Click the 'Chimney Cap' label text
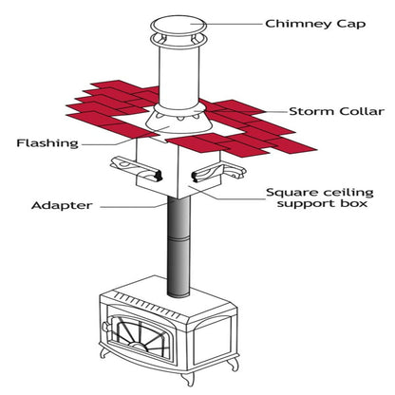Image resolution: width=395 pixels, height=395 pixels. coord(315,25)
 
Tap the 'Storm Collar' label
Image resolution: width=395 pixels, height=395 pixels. coord(336,111)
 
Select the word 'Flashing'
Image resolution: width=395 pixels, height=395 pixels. coord(47,143)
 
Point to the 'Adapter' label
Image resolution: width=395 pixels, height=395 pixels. coord(62,205)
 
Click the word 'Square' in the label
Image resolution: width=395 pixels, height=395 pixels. coord(291,193)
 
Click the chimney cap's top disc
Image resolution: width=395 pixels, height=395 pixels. coord(179,26)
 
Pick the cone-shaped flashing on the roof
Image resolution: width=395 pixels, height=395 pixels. coord(179,122)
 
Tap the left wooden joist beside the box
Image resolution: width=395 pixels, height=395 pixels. coord(137,170)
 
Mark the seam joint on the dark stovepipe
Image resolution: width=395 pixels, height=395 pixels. coord(179,238)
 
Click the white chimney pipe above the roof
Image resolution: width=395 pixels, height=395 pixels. coord(179,77)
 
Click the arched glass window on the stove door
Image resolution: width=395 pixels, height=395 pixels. coord(140,334)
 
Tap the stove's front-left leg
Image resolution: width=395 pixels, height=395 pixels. coord(104,352)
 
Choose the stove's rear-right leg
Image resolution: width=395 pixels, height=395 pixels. coord(234,364)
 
